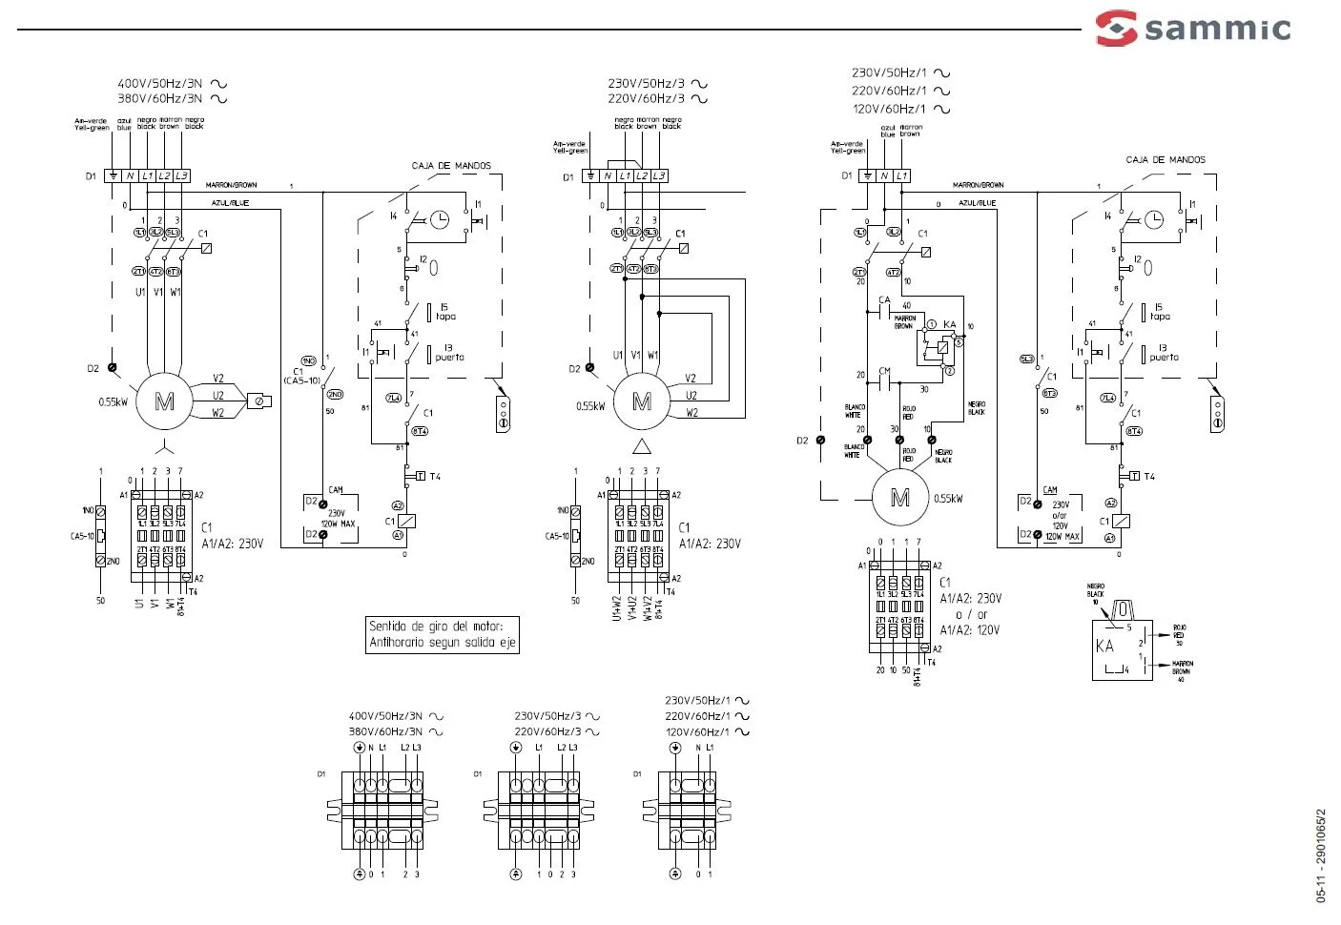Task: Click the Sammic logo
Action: point(1193,28)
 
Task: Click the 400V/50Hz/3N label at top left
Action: point(159,84)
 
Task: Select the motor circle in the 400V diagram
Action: point(164,401)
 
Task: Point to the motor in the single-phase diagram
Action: point(899,498)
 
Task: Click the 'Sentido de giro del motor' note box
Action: point(443,634)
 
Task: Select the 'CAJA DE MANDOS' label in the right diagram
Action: point(1165,160)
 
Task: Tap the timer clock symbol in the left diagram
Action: point(439,219)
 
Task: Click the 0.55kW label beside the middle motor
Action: point(590,406)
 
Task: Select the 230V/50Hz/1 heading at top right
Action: point(889,72)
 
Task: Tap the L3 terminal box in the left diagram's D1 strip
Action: point(181,176)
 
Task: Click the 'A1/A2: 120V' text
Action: point(970,630)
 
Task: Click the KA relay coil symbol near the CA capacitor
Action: point(942,347)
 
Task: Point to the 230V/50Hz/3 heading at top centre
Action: point(647,84)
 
